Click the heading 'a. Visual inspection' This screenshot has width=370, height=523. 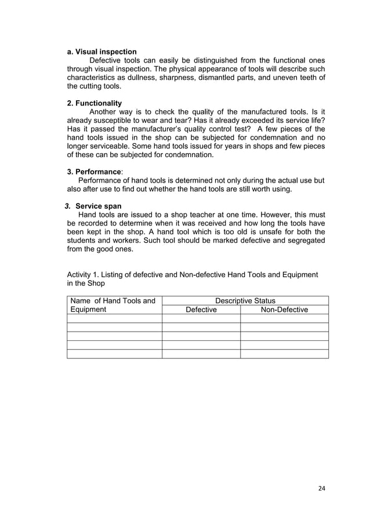[102, 52]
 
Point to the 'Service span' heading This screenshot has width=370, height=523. [99, 206]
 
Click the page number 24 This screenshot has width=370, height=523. [322, 488]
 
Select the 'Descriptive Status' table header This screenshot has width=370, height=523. [245, 300]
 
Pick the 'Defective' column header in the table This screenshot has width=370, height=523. [201, 310]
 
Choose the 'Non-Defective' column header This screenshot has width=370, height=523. [284, 310]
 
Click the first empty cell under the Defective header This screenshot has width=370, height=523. [201, 318]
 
